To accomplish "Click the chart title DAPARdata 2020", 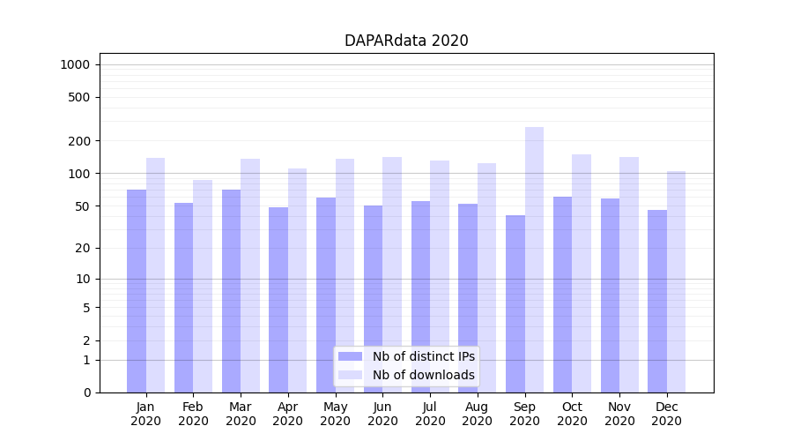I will click(406, 41).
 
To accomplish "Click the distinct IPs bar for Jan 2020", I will click(137, 291).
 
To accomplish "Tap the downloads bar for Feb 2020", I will click(203, 287).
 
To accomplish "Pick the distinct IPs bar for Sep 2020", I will click(515, 304).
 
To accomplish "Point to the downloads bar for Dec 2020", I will click(676, 282).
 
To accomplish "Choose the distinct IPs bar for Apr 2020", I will click(278, 300).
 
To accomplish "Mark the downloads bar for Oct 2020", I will click(582, 273).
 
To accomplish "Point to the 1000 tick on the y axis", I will click(75, 64).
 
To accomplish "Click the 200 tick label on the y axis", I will click(79, 141).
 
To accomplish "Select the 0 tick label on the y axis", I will click(86, 392).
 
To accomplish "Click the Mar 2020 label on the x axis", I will click(241, 414).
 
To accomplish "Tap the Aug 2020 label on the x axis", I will click(478, 414).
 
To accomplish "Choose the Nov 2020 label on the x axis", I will click(619, 414).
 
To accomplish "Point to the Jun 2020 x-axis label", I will click(382, 414).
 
